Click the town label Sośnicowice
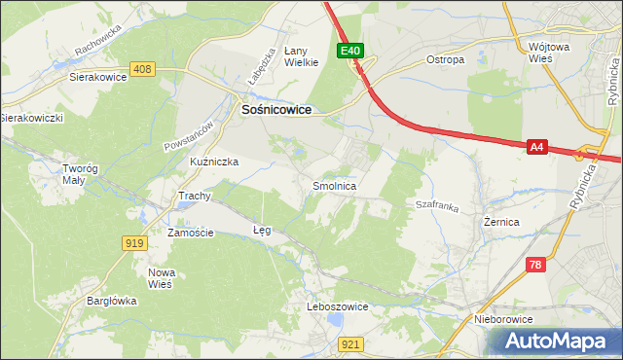275,111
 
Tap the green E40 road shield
351,51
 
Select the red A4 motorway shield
536,147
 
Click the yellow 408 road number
142,68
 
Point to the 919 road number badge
134,242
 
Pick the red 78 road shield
536,264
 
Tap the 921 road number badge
352,343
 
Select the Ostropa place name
446,59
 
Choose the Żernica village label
501,222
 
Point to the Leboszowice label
338,306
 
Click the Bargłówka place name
110,301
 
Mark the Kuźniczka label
214,162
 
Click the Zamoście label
190,234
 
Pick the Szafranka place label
437,206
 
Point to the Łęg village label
262,231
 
